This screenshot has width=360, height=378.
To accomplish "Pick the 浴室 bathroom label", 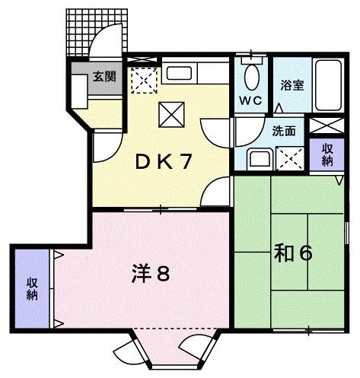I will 293,84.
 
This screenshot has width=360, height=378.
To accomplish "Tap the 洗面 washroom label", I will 285,129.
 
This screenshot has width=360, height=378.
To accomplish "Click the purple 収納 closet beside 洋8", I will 33,287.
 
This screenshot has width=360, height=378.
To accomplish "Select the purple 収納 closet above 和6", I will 327,154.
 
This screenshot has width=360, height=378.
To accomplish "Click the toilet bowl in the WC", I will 251,76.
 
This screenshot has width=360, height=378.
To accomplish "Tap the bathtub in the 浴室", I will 330,84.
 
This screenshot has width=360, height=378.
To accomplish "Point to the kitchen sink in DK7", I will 180,75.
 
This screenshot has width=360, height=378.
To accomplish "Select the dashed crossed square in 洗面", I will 288,157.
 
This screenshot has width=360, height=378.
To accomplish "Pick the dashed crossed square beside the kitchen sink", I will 142,78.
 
